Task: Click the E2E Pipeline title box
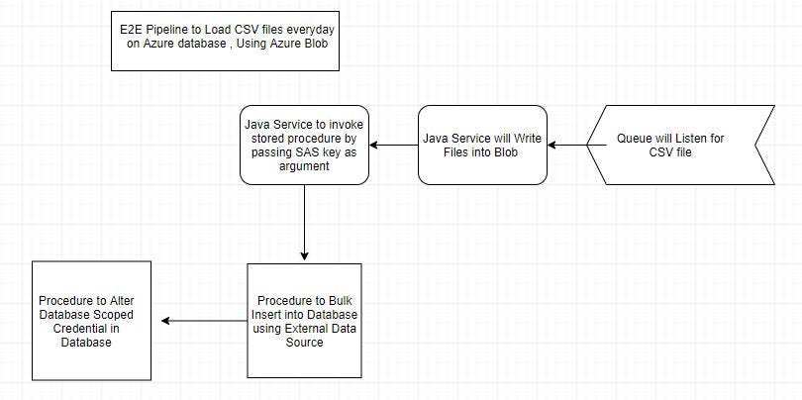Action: (x=226, y=41)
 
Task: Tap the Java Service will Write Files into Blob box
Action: (x=482, y=146)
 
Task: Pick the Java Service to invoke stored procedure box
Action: (x=304, y=146)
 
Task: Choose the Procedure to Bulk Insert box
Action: (x=304, y=321)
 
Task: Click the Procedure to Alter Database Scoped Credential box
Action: (x=91, y=321)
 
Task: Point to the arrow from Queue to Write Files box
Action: (x=568, y=146)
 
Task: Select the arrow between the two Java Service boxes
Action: (x=393, y=146)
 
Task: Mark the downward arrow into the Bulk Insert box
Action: (x=304, y=223)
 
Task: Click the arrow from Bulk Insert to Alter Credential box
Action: (x=205, y=321)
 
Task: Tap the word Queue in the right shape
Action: (x=636, y=139)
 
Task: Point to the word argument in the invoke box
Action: (x=304, y=168)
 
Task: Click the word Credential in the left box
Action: (x=88, y=328)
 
